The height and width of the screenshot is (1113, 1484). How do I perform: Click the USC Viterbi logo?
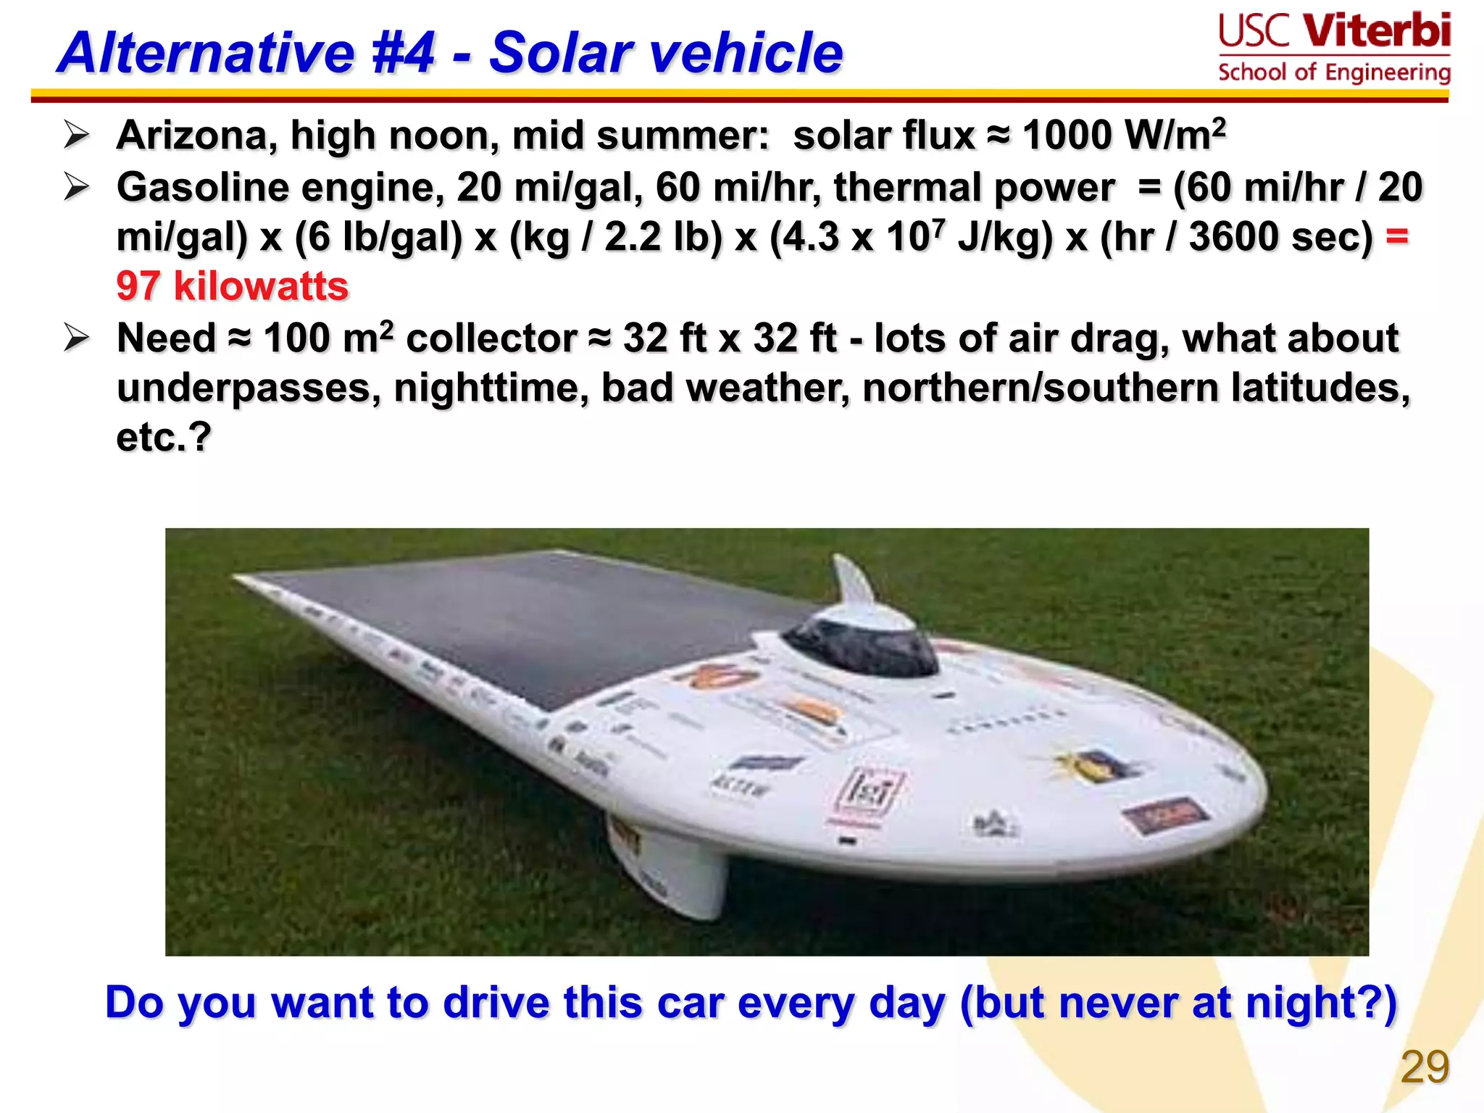click(x=1334, y=48)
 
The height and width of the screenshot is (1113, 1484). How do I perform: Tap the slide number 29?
click(x=1425, y=1067)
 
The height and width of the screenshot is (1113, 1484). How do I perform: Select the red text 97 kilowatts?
click(x=233, y=286)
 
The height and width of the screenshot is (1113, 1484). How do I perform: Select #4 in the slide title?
click(x=403, y=53)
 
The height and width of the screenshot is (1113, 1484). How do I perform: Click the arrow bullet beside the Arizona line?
click(x=76, y=136)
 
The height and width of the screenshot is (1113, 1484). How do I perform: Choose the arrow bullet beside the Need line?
click(x=76, y=338)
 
